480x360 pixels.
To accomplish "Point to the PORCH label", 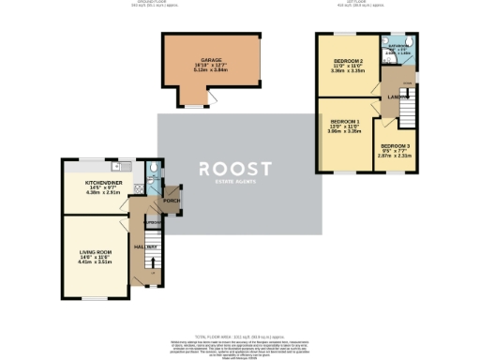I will [172, 202].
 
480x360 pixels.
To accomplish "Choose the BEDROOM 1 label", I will [345, 122].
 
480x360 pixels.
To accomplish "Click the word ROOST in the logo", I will [234, 170].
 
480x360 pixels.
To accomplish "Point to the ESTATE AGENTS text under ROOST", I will [234, 182].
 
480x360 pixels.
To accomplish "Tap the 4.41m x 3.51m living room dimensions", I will [96, 262].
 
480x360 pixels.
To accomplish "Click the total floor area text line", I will [240, 335].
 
